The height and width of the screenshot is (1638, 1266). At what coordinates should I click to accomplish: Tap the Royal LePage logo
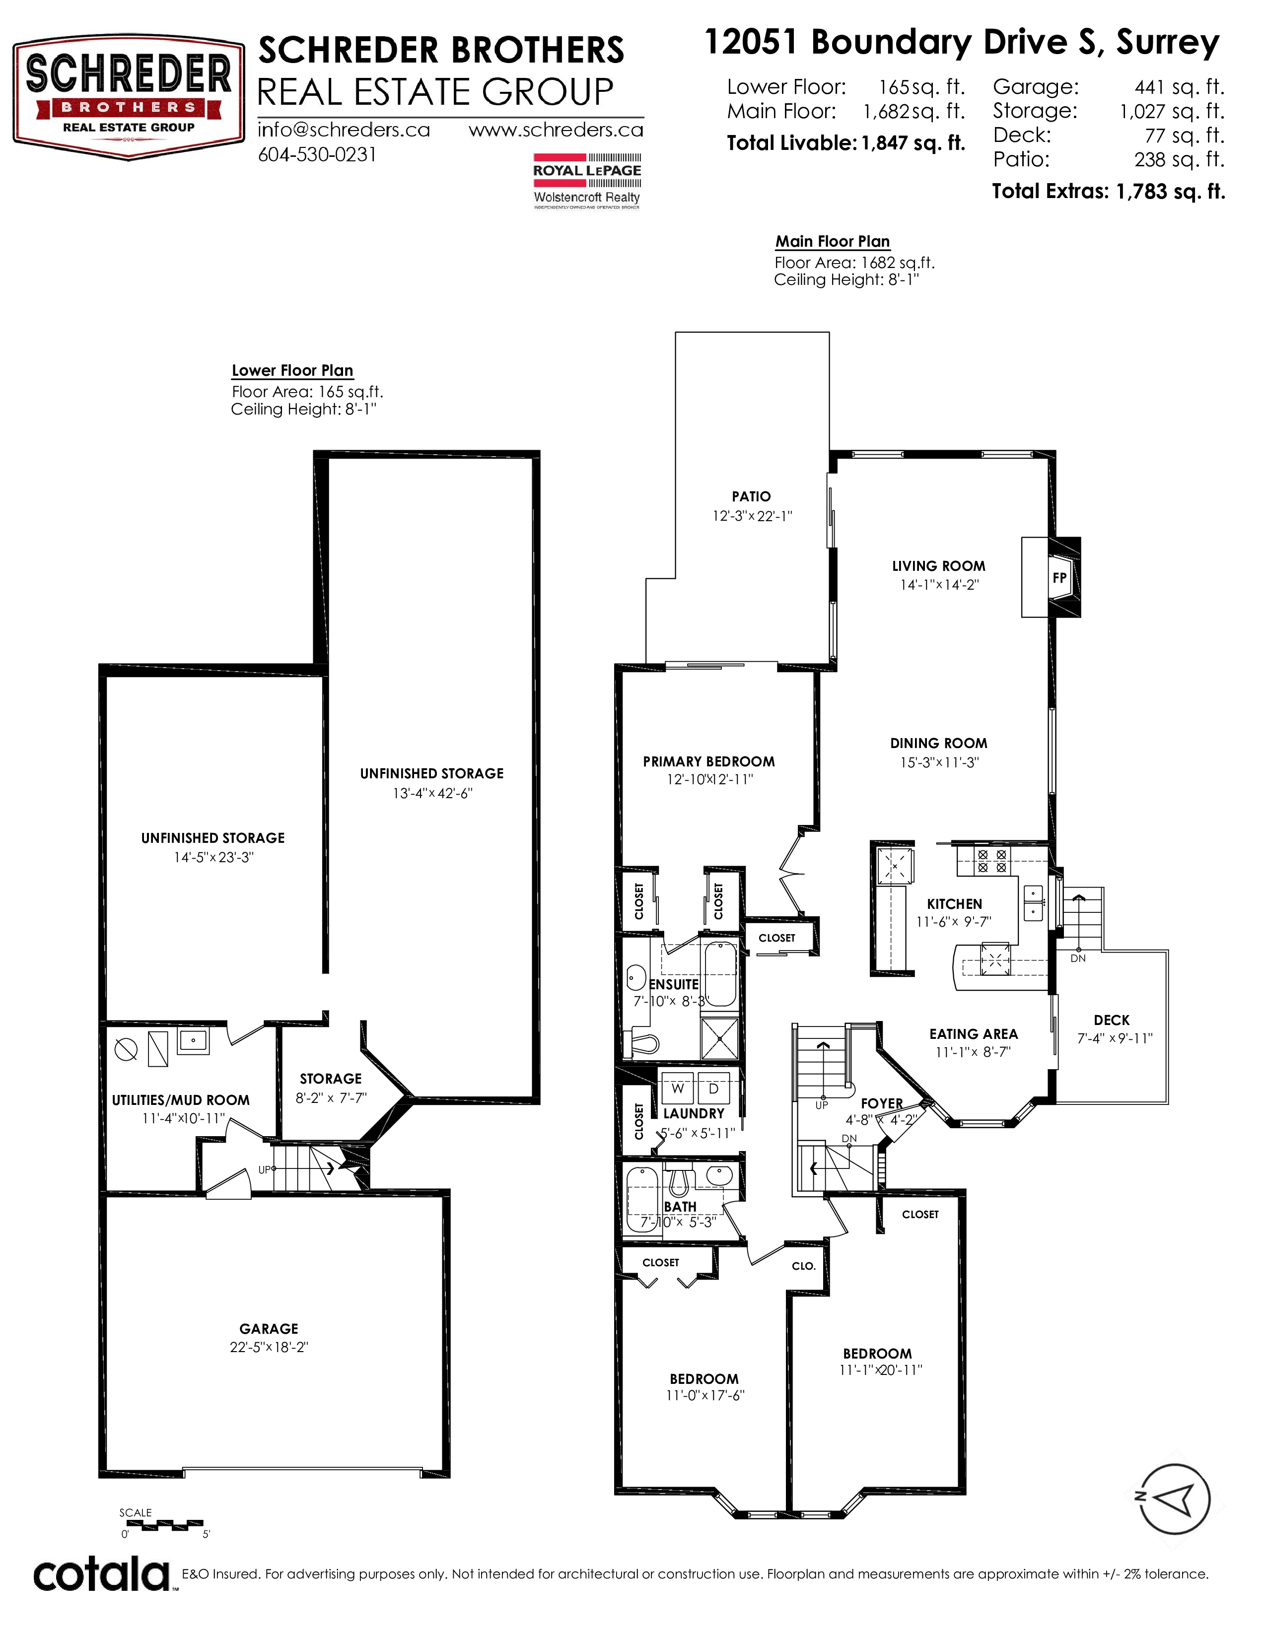tap(587, 180)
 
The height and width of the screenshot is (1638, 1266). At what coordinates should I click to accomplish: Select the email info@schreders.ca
tap(344, 130)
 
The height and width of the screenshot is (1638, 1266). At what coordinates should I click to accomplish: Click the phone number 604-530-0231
tap(317, 154)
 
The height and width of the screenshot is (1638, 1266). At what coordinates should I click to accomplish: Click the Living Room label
tap(938, 566)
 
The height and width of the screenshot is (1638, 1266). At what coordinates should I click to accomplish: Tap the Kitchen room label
tap(954, 904)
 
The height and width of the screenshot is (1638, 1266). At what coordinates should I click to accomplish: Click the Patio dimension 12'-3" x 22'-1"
tap(752, 516)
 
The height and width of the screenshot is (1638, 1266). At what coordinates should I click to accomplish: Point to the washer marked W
tap(678, 1088)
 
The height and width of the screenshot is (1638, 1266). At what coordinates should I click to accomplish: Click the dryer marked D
tap(713, 1088)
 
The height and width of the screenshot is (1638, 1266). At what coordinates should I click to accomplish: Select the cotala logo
tap(102, 1576)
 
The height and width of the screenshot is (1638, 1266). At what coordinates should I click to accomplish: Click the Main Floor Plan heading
tap(833, 242)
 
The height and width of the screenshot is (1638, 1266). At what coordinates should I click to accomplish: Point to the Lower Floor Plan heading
tap(292, 370)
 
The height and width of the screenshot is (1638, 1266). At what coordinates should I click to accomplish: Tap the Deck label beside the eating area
tap(1112, 1020)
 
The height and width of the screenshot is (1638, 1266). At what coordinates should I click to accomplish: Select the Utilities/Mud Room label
tap(181, 1100)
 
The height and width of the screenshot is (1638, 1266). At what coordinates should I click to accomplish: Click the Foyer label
tap(882, 1103)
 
